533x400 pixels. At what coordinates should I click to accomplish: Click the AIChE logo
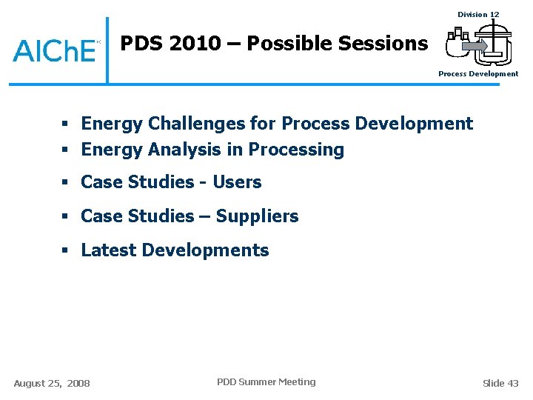(x=55, y=50)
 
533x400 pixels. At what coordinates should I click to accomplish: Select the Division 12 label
(x=478, y=14)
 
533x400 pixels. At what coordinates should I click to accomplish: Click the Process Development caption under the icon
(x=478, y=74)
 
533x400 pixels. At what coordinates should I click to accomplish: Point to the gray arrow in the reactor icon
(x=474, y=47)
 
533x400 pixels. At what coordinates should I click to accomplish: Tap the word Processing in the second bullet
(x=296, y=150)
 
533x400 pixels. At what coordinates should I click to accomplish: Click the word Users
(x=237, y=182)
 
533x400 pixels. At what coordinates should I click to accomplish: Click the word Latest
(x=108, y=250)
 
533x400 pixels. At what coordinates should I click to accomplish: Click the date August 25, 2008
(x=52, y=383)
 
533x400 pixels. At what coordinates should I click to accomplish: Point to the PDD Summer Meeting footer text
(x=266, y=382)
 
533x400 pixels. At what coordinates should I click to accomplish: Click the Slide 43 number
(x=500, y=383)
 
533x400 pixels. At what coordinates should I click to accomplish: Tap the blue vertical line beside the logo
(x=107, y=50)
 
